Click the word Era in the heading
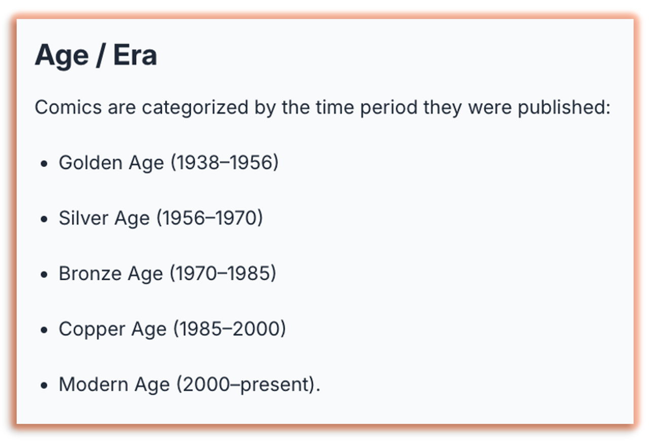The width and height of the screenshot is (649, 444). pos(135,55)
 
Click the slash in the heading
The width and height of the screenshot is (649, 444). pos(100,56)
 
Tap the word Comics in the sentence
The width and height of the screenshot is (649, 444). pos(68,107)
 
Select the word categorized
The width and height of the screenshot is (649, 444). pos(195,108)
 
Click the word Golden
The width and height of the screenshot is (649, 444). pos(90,162)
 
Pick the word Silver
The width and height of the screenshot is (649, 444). pos(84,218)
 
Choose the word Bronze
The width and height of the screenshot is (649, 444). pos(90,273)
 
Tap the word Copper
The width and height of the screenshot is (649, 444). pos(92,329)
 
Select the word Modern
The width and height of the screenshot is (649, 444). pos(94,384)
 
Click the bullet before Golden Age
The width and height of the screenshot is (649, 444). pos(44,164)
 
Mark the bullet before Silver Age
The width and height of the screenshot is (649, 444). pos(44,219)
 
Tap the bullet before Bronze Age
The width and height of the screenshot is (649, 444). pos(44,275)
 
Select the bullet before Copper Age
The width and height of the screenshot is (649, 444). pos(44,330)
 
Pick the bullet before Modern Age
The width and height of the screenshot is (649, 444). pos(44,386)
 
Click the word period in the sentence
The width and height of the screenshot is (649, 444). pos(389,108)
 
